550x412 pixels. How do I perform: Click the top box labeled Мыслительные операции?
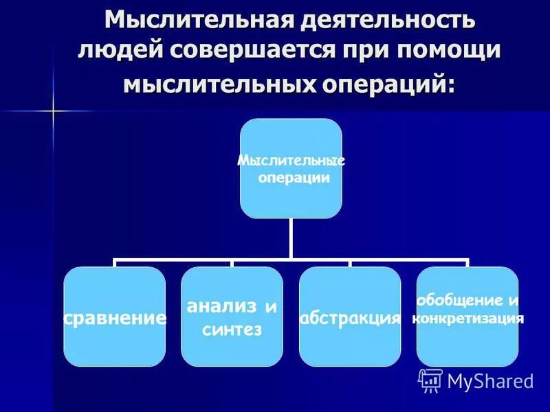[x=291, y=168]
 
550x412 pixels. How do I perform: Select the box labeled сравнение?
[x=115, y=317]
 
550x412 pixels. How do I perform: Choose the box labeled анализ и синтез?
[x=232, y=317]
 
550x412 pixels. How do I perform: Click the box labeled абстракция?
[x=350, y=317]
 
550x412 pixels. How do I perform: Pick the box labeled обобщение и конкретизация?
[x=467, y=317]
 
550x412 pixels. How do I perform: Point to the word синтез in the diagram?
[x=232, y=330]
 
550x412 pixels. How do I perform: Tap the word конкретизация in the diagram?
[x=467, y=319]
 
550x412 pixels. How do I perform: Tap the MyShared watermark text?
[x=490, y=381]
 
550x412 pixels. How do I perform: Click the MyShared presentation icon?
[x=430, y=380]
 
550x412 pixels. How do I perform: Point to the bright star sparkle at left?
[x=53, y=111]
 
